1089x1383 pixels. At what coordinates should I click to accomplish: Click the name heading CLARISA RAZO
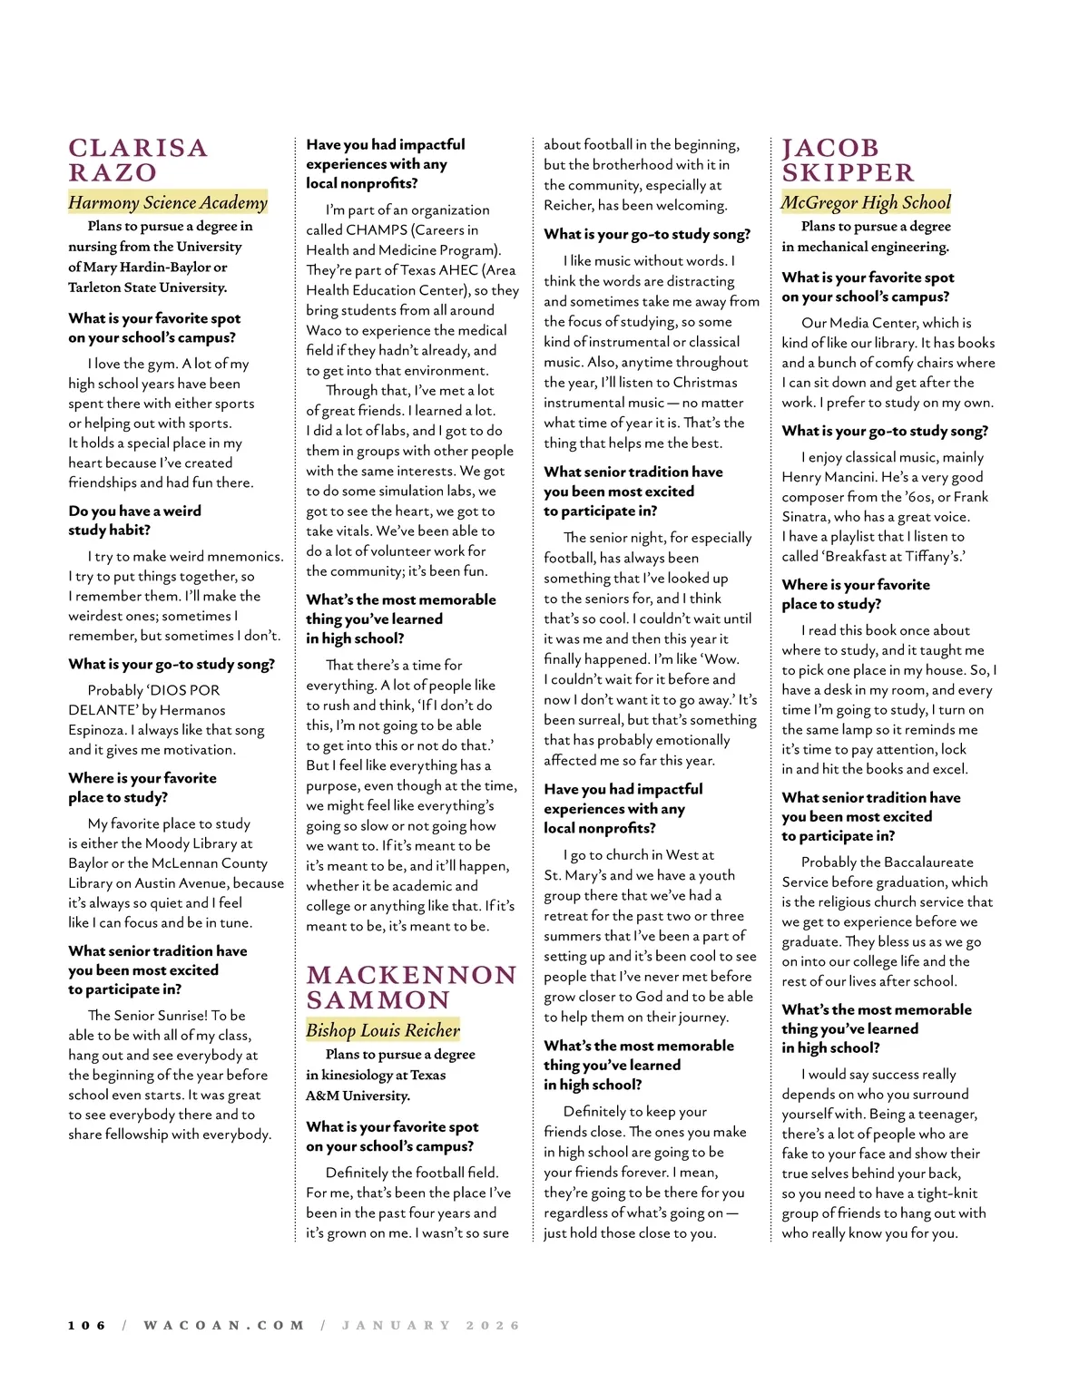(138, 161)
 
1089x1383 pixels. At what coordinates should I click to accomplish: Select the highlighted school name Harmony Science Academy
(168, 202)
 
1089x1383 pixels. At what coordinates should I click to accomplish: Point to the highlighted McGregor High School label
(867, 202)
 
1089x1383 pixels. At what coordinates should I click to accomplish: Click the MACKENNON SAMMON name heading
(411, 988)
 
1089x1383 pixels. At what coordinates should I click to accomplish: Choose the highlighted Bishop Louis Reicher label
(383, 1030)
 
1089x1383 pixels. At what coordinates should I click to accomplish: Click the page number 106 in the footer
(87, 1325)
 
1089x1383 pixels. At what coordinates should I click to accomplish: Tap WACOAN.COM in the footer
(224, 1325)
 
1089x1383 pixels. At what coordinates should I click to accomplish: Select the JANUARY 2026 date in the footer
(431, 1325)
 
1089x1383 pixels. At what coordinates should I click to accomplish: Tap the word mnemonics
(240, 557)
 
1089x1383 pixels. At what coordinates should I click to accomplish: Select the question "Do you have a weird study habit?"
(134, 521)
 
